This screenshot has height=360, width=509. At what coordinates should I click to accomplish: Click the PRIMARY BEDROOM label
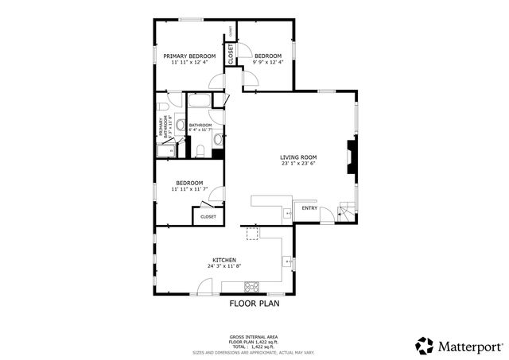pos(189,56)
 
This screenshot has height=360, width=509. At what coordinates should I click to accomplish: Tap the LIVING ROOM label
pos(298,157)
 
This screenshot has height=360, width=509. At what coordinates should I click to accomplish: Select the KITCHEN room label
pos(223,260)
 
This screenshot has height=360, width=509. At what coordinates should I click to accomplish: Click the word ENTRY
pos(309,209)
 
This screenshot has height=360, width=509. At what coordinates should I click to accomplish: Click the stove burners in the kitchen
pos(253,285)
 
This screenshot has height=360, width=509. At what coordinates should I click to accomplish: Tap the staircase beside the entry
pos(347,212)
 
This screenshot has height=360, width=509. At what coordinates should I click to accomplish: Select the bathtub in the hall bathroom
pos(199,102)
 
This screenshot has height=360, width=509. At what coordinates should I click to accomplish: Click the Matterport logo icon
pos(425,346)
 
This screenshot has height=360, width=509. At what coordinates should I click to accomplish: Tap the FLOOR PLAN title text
pos(254,303)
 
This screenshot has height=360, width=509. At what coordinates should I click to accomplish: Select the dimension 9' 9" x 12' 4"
pos(267,62)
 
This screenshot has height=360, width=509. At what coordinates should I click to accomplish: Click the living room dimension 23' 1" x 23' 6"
pos(298,164)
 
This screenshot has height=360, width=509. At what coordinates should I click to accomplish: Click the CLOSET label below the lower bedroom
pos(208,216)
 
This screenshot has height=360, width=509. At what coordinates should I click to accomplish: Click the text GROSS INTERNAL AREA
pos(254,337)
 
